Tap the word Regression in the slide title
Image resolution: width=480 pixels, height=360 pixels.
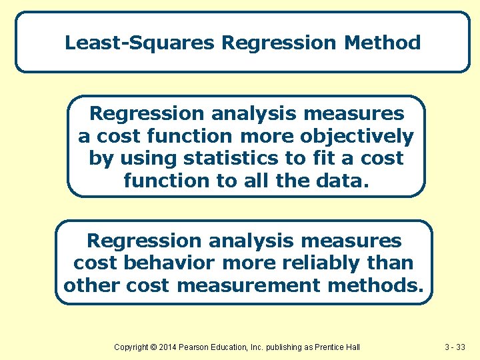click(280, 43)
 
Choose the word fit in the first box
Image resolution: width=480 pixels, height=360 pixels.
click(328, 159)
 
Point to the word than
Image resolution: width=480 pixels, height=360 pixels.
click(393, 263)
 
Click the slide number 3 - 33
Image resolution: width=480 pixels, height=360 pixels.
click(457, 347)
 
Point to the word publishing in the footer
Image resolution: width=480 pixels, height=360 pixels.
click(281, 347)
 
